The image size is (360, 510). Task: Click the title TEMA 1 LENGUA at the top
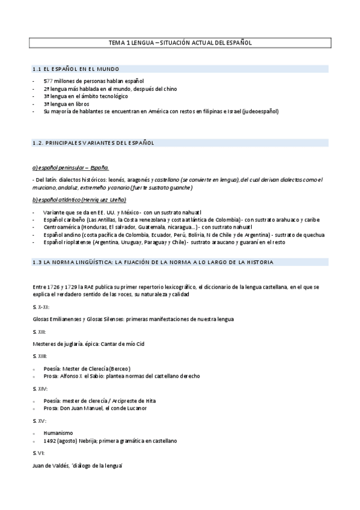(x=130, y=43)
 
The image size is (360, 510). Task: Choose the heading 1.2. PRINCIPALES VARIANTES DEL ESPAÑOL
(x=93, y=143)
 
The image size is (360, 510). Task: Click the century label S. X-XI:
(x=42, y=307)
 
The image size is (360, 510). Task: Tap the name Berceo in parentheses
(x=119, y=368)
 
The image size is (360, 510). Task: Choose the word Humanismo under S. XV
(x=58, y=432)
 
